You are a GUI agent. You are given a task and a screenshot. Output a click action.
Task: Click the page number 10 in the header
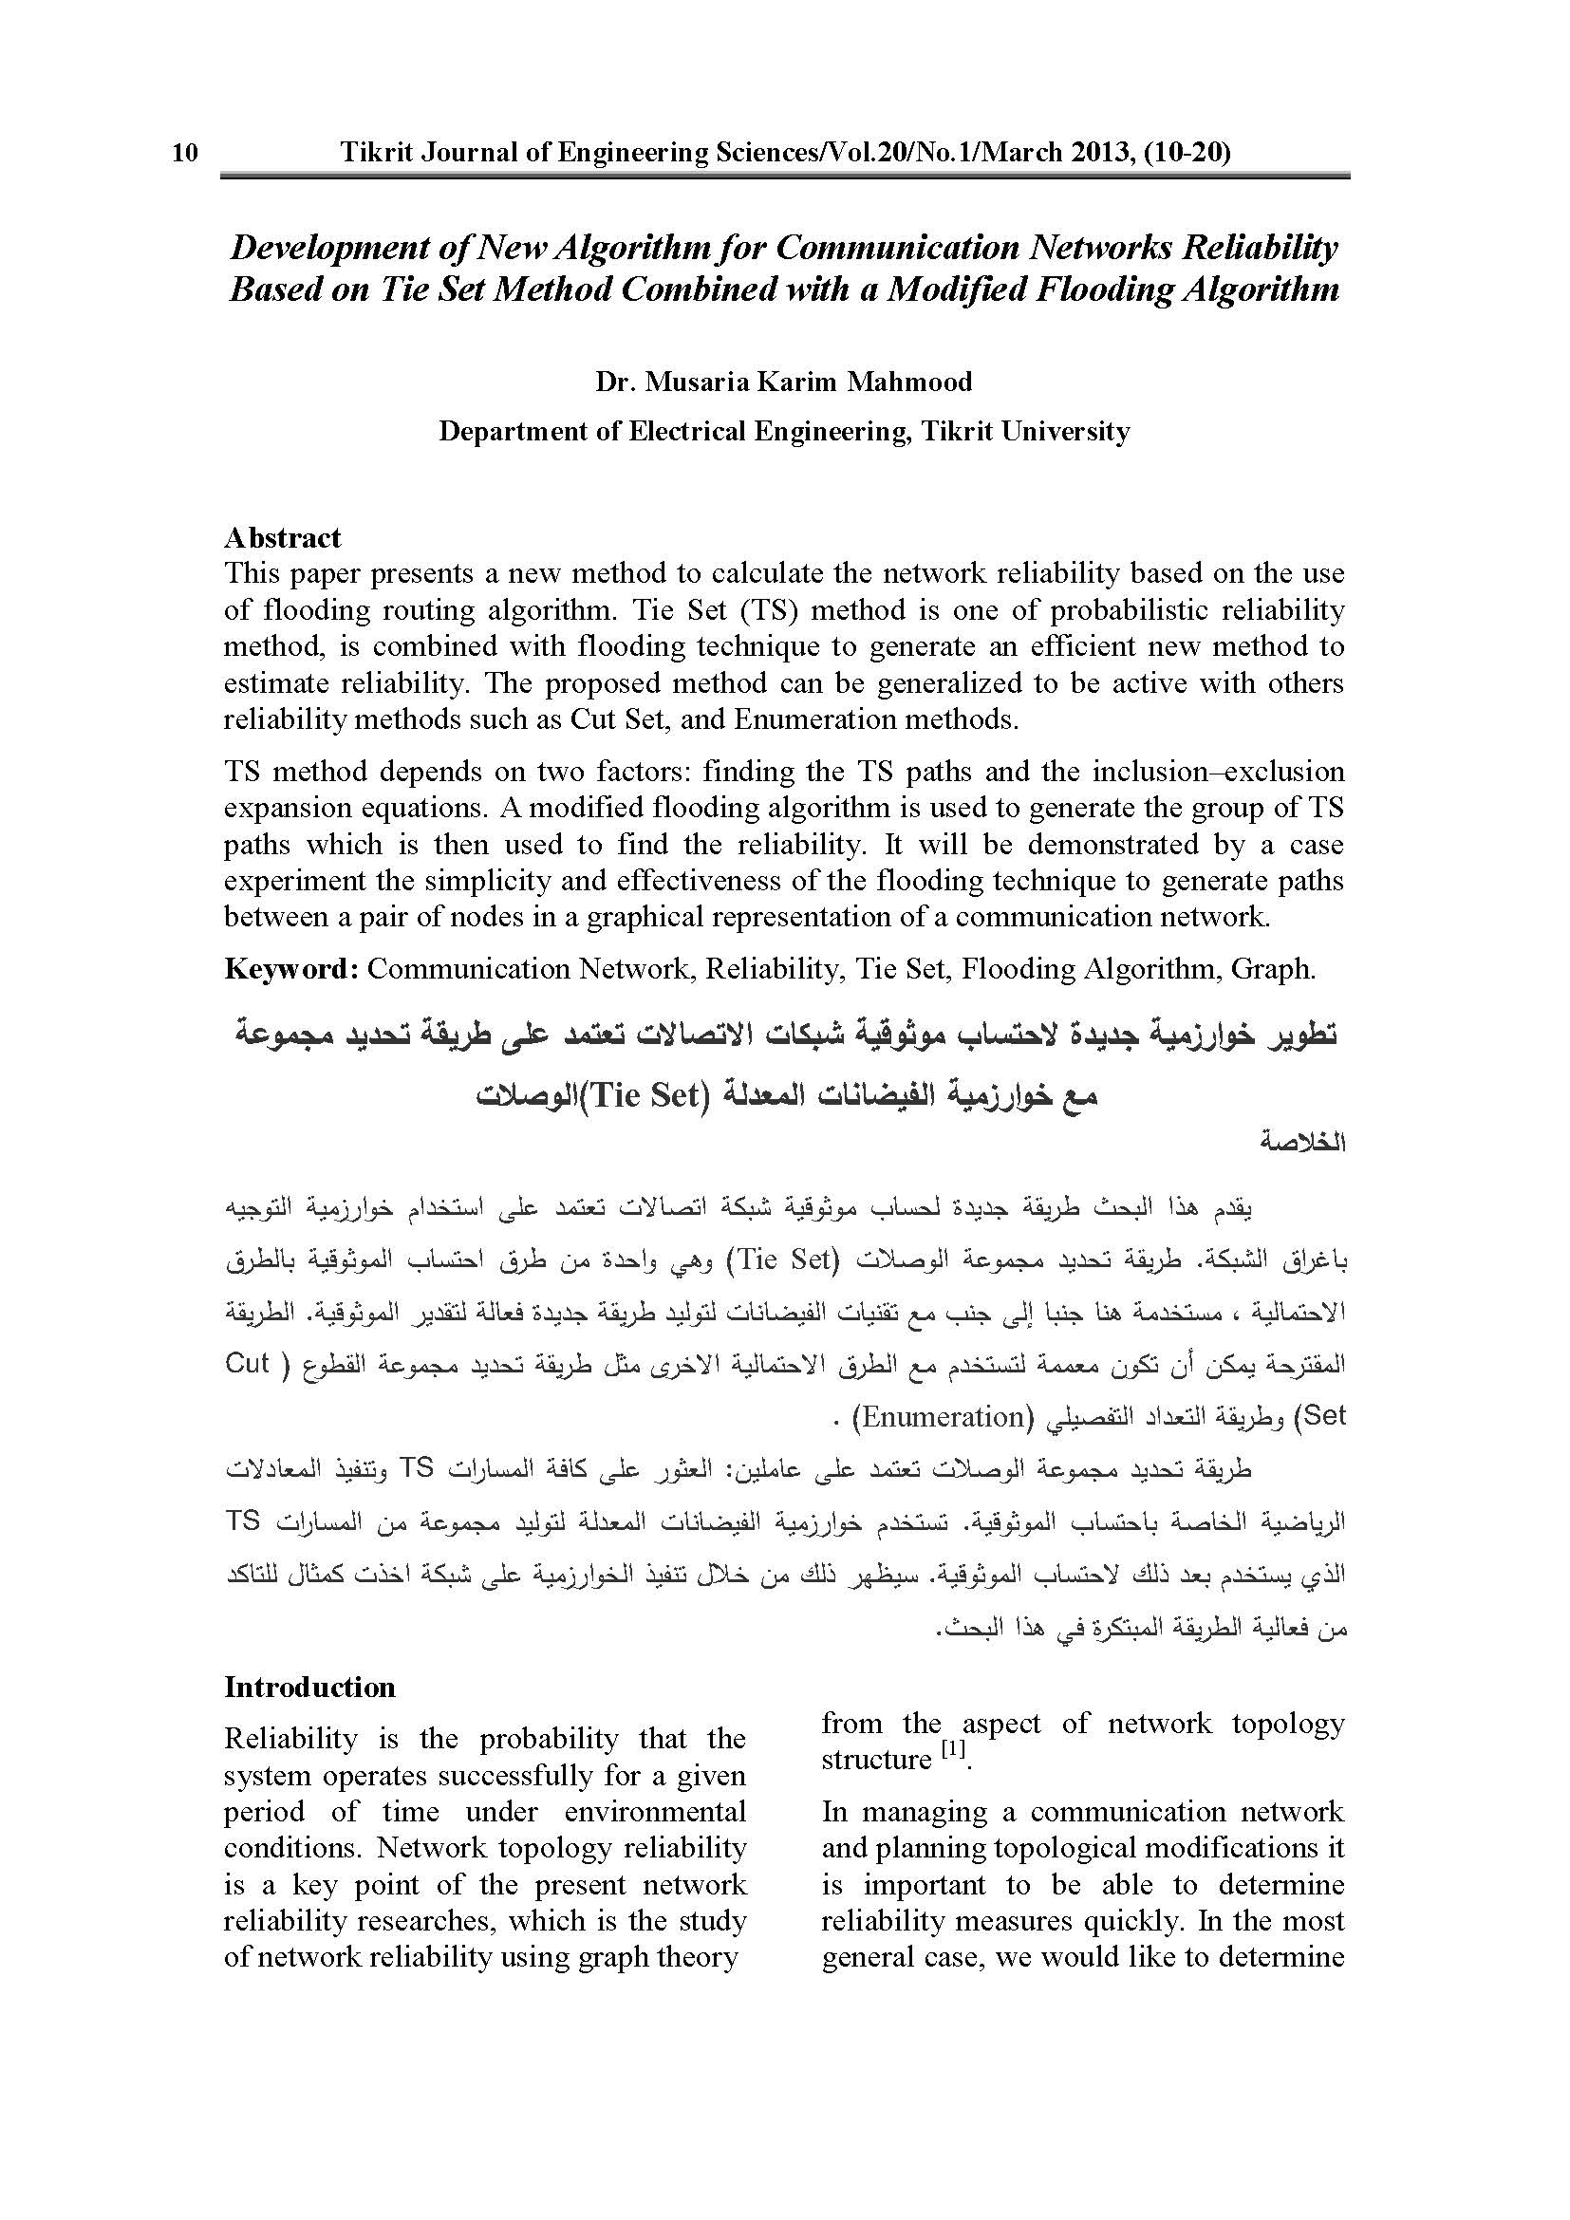[x=185, y=153]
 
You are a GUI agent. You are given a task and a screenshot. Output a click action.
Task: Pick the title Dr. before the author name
[x=615, y=382]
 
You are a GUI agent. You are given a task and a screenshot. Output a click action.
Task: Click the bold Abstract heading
[x=282, y=537]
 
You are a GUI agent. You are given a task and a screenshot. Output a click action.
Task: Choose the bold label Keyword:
[x=292, y=969]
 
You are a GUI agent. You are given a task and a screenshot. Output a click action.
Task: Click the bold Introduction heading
[x=309, y=1688]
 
